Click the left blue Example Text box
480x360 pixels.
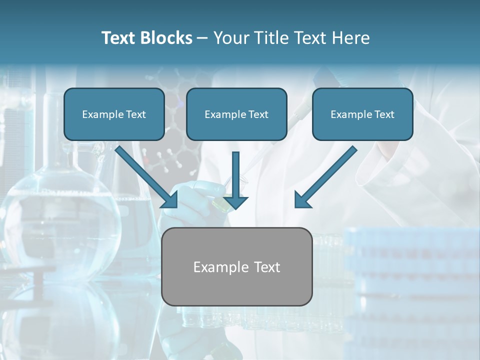[114, 114]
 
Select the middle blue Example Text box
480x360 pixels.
[236, 114]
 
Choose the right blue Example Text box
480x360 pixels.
[362, 114]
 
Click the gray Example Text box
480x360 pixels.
[236, 267]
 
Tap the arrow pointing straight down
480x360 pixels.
[235, 180]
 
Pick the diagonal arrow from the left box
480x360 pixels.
[146, 177]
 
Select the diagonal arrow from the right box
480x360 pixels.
[325, 177]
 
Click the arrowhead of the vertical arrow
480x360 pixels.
[235, 202]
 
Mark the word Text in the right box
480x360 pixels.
[384, 114]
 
